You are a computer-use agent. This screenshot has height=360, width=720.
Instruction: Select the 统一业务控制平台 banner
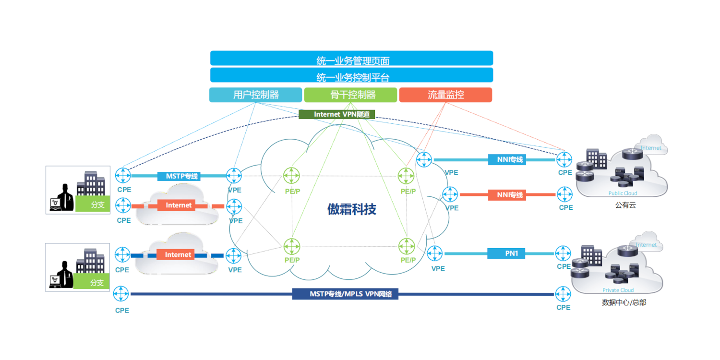(x=352, y=75)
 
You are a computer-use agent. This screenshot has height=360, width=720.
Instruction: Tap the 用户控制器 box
(x=255, y=95)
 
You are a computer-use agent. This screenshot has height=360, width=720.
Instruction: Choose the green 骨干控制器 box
(x=350, y=95)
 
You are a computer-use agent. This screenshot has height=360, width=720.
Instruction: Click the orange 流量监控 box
(x=445, y=95)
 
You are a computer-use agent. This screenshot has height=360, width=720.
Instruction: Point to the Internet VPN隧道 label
(x=336, y=114)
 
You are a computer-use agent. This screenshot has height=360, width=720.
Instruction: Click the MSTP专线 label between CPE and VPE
(x=179, y=176)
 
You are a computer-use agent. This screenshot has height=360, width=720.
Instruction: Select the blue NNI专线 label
(x=507, y=159)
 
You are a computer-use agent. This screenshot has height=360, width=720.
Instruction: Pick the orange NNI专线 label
(x=507, y=195)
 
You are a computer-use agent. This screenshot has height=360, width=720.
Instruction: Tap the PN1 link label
(x=506, y=253)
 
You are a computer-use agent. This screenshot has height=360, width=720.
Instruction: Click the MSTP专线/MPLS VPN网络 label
(x=345, y=294)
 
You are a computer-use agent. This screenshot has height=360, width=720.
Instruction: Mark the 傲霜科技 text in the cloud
(x=352, y=209)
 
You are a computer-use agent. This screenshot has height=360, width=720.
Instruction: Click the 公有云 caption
(x=625, y=205)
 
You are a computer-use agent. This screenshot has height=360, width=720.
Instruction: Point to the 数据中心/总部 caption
(x=621, y=303)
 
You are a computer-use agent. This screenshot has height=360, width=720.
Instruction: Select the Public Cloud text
(x=623, y=193)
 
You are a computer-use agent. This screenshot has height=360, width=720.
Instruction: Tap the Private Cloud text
(x=618, y=290)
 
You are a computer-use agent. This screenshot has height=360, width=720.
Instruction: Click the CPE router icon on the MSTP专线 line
(x=123, y=175)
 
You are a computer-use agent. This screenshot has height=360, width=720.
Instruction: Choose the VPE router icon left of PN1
(x=435, y=253)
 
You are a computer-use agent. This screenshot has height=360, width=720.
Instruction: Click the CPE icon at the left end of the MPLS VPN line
(x=121, y=294)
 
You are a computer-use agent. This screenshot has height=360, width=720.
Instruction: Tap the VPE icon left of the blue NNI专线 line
(x=424, y=159)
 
